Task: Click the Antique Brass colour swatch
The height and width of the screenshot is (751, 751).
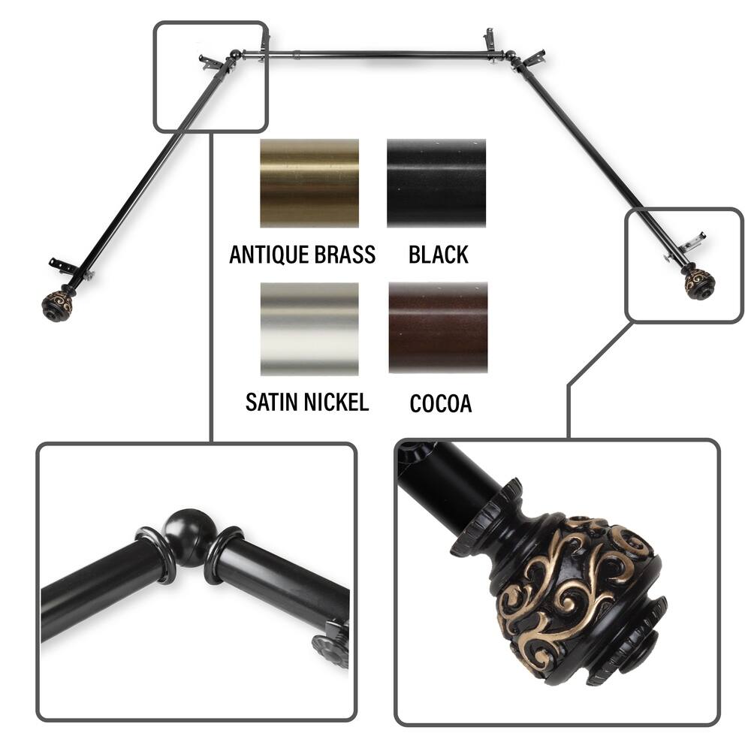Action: point(309,183)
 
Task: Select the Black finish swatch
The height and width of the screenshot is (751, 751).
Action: point(436,183)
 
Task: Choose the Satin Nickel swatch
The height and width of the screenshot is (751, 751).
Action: point(309,329)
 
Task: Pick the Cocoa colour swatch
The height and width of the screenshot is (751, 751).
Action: point(438,327)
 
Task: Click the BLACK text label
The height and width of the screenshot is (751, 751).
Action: point(439,255)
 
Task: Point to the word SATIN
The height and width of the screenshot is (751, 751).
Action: point(270,402)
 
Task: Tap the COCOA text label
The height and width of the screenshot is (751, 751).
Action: point(441,403)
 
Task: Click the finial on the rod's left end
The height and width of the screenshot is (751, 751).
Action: point(57,303)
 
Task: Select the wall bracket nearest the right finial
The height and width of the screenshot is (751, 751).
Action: point(692,243)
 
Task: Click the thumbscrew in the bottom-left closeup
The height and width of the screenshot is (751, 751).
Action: point(330,646)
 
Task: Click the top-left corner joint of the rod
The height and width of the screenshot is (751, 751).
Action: point(235,55)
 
